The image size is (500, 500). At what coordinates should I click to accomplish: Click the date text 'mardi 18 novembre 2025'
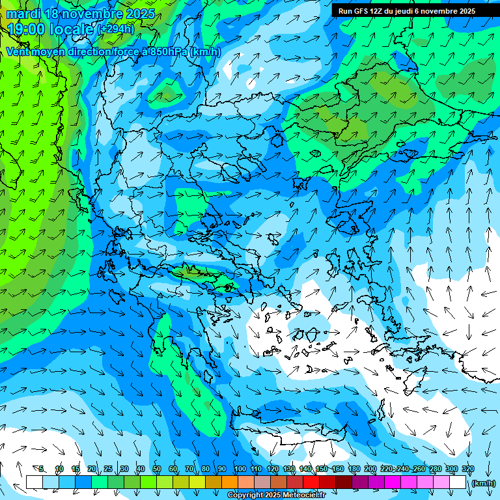81,14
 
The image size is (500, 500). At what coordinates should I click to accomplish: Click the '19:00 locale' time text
51,29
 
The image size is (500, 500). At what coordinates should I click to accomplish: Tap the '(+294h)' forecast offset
117,29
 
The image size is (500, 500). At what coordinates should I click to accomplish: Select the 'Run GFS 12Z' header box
407,11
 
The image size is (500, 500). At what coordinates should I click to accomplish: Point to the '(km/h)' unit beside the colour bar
482,483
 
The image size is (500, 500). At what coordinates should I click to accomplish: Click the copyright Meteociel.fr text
276,495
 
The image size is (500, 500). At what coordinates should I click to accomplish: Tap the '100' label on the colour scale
240,469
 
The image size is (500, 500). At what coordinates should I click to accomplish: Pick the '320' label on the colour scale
467,469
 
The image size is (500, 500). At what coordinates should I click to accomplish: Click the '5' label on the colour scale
41,469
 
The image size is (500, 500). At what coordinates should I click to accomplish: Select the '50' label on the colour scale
156,469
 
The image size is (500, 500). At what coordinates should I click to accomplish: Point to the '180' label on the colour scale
354,469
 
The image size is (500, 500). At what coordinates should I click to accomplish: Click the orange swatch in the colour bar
230,482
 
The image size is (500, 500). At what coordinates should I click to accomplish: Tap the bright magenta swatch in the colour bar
393,482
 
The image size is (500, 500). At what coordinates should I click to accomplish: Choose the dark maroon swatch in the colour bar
344,482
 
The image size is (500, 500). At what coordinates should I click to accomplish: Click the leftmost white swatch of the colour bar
35,482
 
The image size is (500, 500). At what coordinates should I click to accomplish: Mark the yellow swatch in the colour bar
197,482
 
